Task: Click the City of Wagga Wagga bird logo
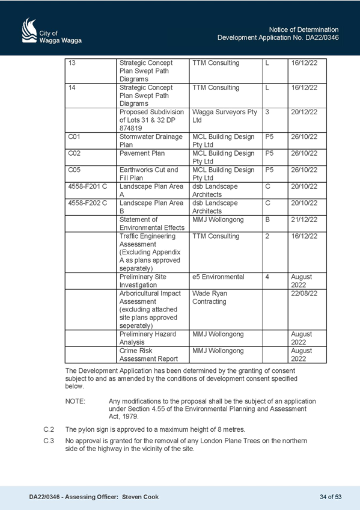point(29,30)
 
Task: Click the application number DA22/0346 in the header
point(322,38)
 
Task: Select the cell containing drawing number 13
point(91,71)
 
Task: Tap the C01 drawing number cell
point(91,141)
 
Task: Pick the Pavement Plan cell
point(153,158)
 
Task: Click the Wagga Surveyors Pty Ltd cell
point(225,120)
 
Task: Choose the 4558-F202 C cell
point(91,207)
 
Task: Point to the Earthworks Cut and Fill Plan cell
point(153,174)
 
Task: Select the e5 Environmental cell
point(225,281)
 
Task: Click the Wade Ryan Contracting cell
point(225,310)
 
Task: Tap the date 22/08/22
point(304,293)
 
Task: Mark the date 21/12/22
point(304,220)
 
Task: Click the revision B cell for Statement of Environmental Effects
point(275,224)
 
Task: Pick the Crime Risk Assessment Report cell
point(153,355)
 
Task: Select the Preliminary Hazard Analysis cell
point(153,338)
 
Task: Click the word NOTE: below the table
point(75,401)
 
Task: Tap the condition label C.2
point(49,429)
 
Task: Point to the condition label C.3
point(49,441)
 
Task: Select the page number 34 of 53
point(331,497)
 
